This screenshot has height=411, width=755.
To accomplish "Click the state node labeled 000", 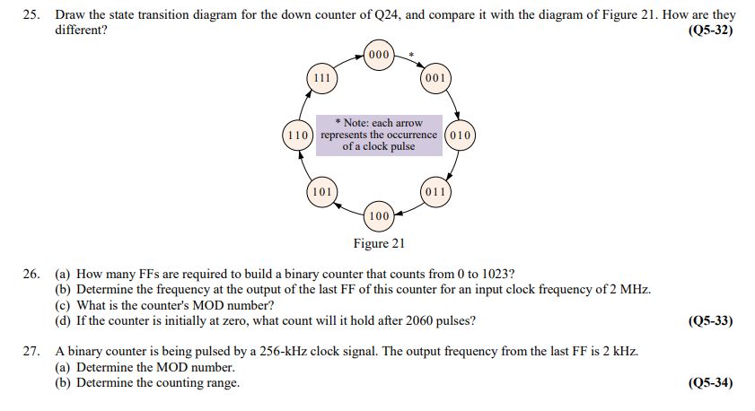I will pos(379,55).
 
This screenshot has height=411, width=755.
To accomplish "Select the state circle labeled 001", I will pos(435,78).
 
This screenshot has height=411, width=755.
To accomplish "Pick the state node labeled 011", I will pos(435,192).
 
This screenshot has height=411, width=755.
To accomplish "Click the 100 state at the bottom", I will pos(379,216).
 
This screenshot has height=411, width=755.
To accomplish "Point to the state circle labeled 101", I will pos(321,192).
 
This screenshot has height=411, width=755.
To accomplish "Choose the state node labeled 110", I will pos(298,136).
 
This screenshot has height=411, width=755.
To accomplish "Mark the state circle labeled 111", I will pos(321,78).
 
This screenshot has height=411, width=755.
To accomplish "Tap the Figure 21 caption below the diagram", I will pos(379,243).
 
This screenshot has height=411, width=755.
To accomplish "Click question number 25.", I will pos(31,15).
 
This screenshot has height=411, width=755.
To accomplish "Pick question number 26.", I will pos(31,274).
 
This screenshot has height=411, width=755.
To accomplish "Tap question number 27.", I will pos(31,352).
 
